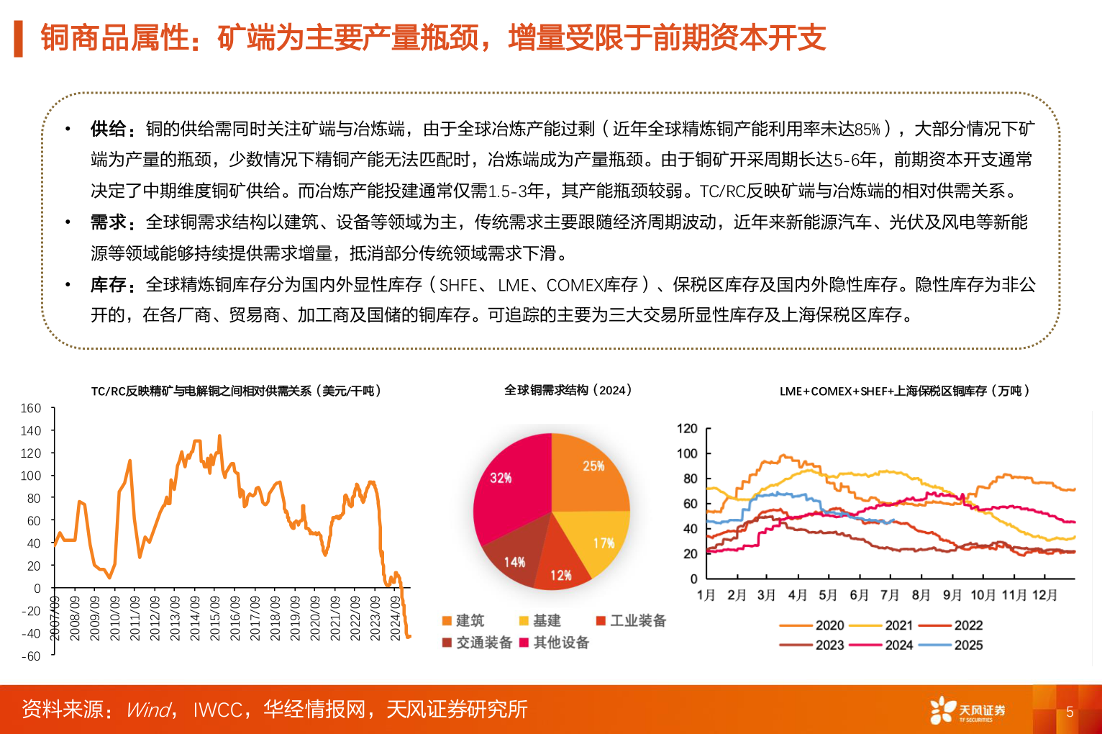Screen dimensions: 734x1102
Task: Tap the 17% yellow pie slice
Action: (597, 540)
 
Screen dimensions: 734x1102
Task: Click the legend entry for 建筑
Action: (463, 620)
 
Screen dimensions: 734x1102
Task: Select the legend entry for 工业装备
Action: (631, 620)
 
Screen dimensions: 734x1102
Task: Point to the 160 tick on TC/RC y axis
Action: (31, 408)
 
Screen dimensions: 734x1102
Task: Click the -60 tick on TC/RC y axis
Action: (31, 656)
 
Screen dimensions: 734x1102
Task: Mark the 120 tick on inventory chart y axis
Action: (687, 429)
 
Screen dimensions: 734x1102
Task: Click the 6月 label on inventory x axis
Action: (859, 595)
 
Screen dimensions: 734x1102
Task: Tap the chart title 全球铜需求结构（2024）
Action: (568, 390)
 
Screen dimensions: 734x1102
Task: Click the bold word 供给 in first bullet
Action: (109, 129)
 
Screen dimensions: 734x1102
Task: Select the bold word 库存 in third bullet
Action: (109, 285)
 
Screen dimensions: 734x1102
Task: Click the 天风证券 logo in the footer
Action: (967, 710)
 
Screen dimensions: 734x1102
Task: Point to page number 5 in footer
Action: (1070, 712)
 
